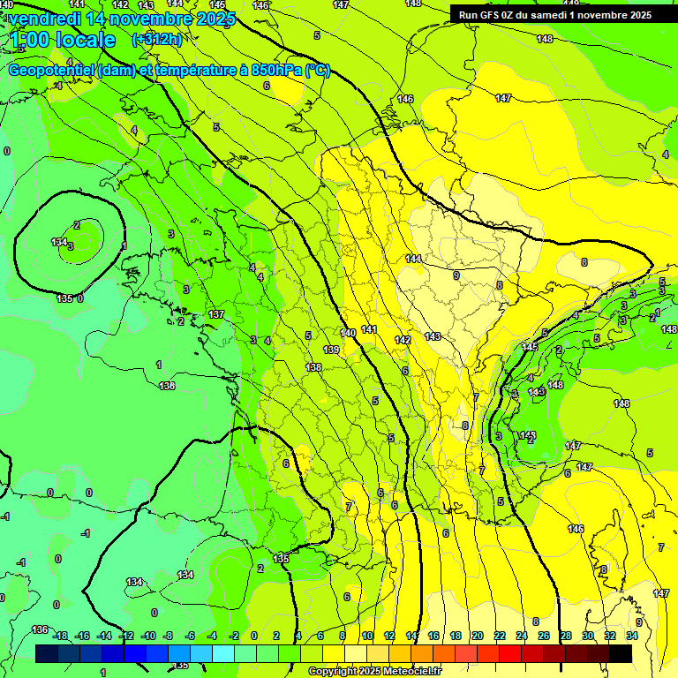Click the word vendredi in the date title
tap(47, 19)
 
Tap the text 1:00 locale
tap(62, 40)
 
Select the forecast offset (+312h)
tap(156, 40)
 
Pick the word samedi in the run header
tap(548, 14)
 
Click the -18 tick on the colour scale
tap(60, 636)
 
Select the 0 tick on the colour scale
tap(253, 636)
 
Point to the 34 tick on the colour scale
tap(631, 636)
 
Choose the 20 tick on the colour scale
tap(477, 636)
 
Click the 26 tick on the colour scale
tap(543, 636)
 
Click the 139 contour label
tap(331, 350)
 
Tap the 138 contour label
tap(313, 367)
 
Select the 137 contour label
tap(216, 315)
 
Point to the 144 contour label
tap(413, 259)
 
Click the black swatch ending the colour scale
tap(621, 653)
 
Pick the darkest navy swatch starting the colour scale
tap(47, 653)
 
